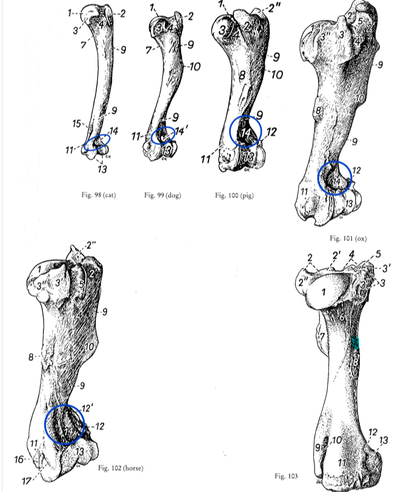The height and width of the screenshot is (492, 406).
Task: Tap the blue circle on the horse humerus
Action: click(65, 425)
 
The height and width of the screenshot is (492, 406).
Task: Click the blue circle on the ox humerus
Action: click(335, 178)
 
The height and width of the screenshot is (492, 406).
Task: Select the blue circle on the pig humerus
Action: click(246, 131)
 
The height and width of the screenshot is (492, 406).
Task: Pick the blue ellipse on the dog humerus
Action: click(164, 135)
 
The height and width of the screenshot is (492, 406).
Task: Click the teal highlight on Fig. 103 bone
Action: click(356, 343)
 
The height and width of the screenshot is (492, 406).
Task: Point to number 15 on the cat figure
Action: click(76, 124)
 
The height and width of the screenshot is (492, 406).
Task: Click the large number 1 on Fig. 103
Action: click(324, 293)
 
